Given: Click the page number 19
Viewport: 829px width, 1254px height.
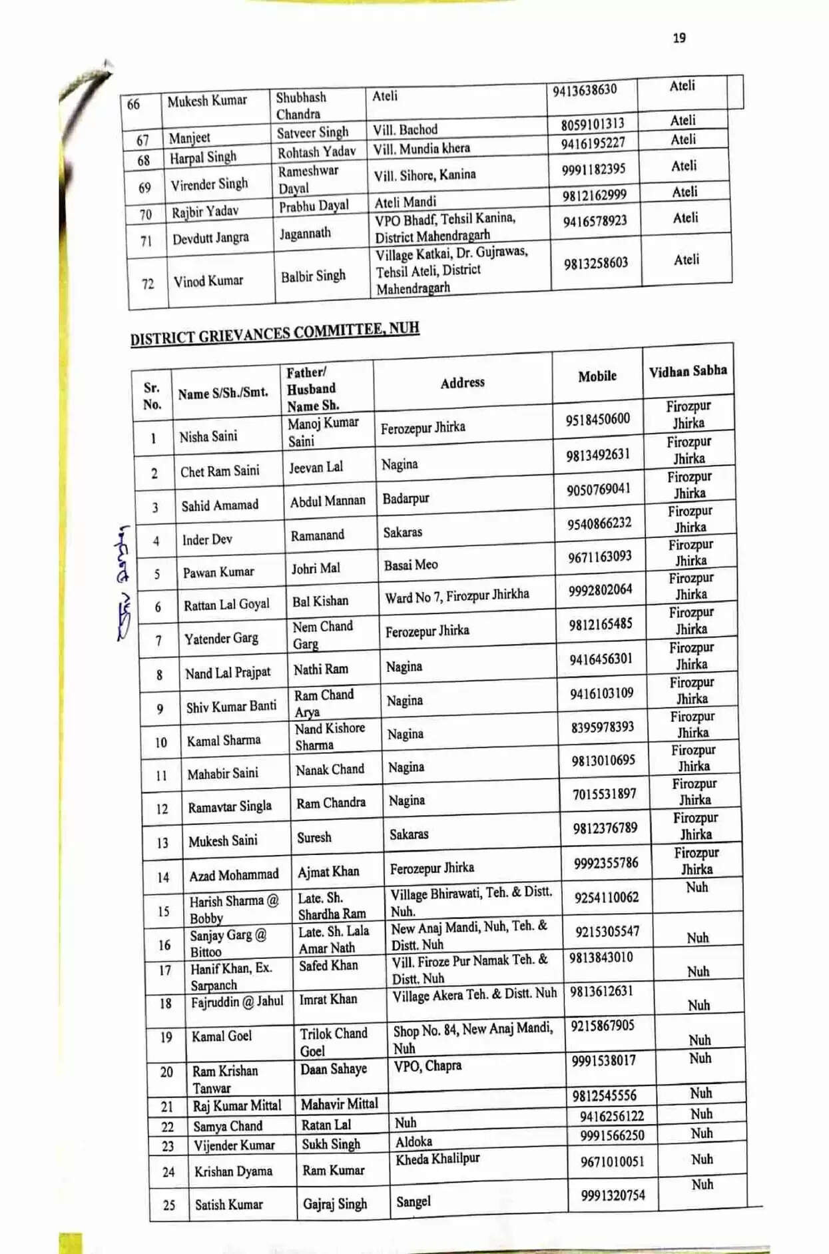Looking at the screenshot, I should [679, 38].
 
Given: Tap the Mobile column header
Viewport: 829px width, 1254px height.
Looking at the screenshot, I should [597, 376].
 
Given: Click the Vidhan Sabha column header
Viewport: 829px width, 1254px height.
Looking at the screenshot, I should [688, 371].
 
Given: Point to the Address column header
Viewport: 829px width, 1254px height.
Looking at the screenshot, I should [462, 382].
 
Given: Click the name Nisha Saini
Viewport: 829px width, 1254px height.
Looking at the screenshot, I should [208, 436].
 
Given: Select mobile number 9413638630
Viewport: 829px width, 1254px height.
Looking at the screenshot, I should [584, 90].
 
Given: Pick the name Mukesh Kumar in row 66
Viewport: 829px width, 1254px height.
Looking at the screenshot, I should [207, 101].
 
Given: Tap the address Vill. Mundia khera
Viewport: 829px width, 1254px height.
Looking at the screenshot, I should [421, 149].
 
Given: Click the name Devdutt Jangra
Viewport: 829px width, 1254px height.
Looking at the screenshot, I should [210, 238].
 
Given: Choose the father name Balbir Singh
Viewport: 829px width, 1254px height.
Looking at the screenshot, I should [313, 276].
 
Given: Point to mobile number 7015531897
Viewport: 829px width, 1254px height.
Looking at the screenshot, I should [604, 794].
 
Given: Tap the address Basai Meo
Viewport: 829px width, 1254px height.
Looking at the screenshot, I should [411, 565].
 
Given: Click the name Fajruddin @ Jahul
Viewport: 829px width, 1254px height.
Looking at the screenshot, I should [237, 1002].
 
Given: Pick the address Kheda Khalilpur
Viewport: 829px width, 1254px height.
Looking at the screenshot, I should [437, 1159].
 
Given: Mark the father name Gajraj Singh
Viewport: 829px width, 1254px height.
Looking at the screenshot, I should [335, 1204].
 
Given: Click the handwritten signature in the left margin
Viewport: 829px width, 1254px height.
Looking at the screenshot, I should [123, 583].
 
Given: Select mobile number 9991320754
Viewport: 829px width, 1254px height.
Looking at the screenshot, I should [613, 1195].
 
